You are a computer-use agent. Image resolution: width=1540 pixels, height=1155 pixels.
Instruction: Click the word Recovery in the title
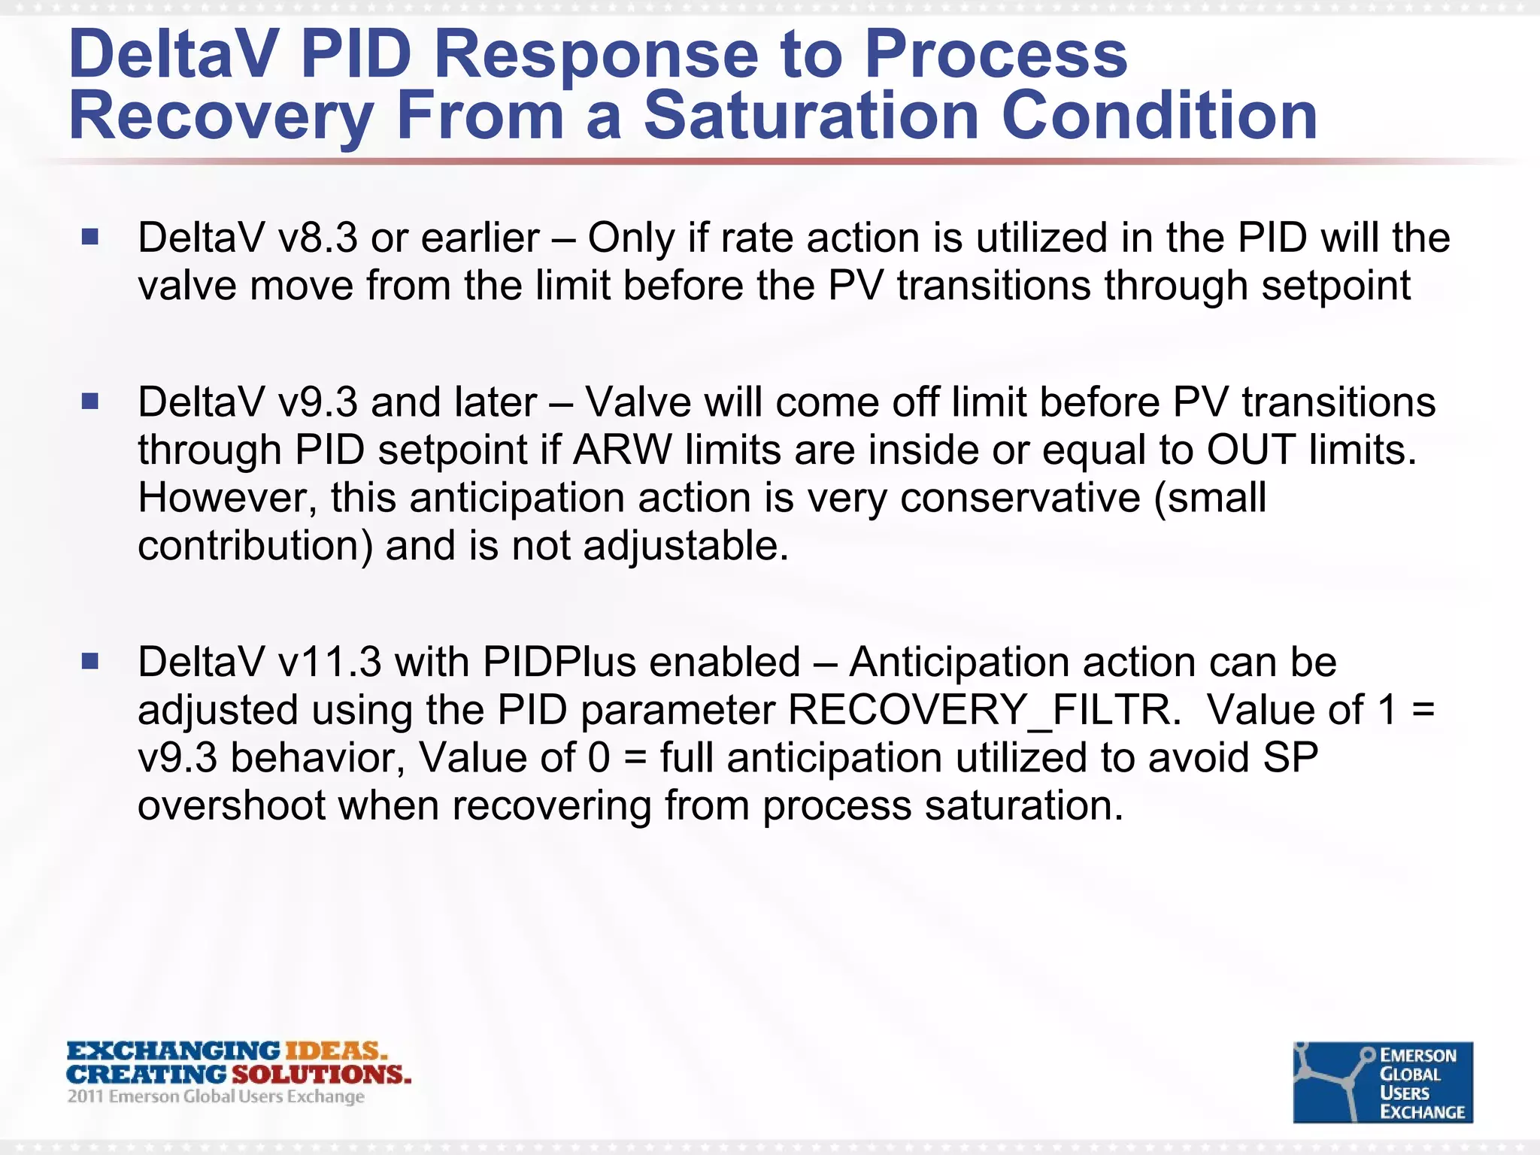pos(220,117)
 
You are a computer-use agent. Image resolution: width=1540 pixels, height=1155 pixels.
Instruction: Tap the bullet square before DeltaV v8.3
pos(90,238)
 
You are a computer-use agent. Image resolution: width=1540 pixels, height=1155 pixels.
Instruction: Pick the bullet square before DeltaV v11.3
pos(90,661)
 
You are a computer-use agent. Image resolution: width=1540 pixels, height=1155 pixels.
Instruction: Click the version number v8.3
pos(317,238)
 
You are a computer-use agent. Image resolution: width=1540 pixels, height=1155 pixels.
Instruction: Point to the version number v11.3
pos(329,662)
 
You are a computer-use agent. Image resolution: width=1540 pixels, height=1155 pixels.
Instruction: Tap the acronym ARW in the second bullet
pos(622,450)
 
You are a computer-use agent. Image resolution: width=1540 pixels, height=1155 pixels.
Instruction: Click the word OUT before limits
pos(1250,450)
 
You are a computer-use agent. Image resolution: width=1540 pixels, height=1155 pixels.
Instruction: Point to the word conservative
pos(1020,498)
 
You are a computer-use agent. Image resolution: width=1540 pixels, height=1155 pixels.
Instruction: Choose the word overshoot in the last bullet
pos(232,805)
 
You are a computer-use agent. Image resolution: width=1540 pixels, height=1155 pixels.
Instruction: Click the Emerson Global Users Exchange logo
pos(1382,1082)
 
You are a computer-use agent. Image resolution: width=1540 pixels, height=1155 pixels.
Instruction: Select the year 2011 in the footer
pos(85,1096)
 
